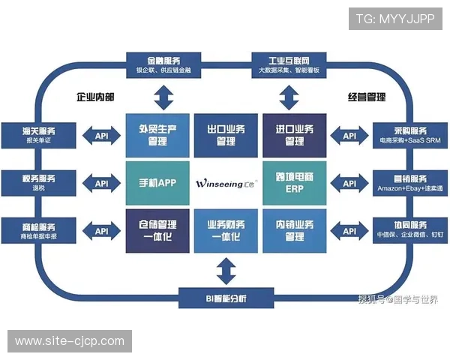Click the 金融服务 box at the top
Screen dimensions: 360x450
[x=163, y=63]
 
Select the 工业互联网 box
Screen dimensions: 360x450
[x=289, y=63]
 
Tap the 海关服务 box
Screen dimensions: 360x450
[x=39, y=135]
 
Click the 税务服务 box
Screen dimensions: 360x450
[x=39, y=182]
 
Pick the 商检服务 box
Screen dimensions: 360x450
[x=39, y=229]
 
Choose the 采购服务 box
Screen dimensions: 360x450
[x=410, y=135]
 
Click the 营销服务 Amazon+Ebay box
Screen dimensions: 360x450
[x=410, y=182]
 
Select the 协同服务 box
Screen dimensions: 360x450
[x=410, y=229]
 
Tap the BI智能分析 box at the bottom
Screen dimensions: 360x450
[x=226, y=298]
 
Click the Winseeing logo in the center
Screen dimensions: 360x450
[x=226, y=183]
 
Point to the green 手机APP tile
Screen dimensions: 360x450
[x=157, y=183]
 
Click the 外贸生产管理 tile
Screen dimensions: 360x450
[x=157, y=135]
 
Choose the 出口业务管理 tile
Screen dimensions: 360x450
[x=226, y=135]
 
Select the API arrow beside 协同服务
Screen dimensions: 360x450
[x=349, y=230]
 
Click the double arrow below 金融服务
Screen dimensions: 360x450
[x=163, y=96]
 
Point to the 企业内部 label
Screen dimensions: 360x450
[x=95, y=97]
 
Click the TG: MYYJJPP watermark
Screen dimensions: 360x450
[x=395, y=19]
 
